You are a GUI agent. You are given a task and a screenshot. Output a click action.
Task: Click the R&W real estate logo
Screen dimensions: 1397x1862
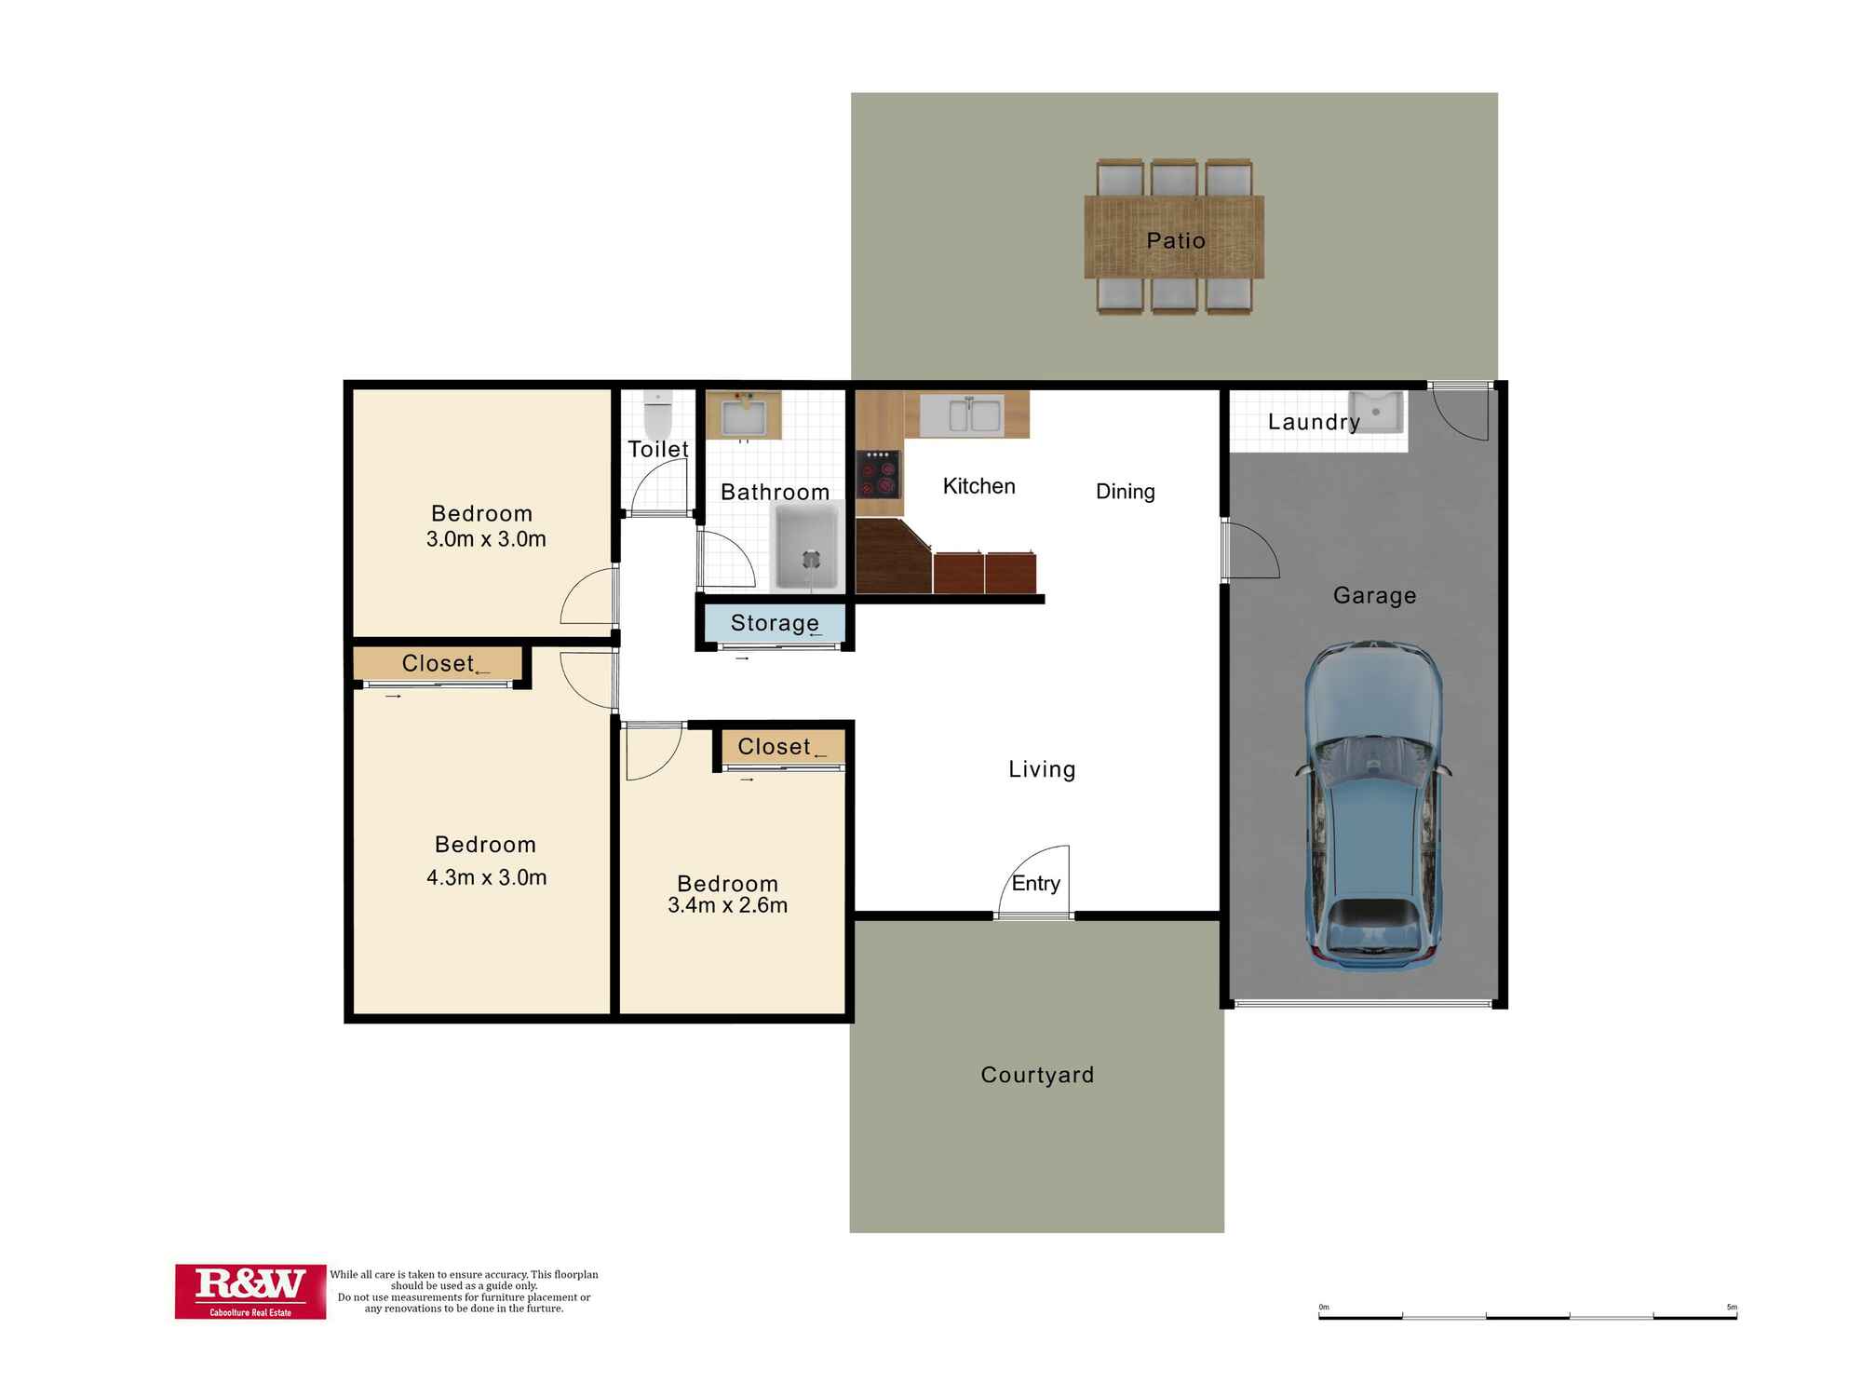tap(250, 1291)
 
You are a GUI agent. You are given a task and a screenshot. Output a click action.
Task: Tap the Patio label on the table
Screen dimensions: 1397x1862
tap(1175, 240)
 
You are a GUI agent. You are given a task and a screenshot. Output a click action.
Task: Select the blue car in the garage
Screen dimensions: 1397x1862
tap(1373, 806)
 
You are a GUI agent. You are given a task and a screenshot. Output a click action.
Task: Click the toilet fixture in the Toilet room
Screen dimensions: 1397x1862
tap(657, 414)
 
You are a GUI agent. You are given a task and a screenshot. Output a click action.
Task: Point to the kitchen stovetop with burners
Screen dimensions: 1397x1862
tap(879, 474)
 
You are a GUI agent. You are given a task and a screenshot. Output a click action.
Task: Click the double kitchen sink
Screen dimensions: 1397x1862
tap(974, 414)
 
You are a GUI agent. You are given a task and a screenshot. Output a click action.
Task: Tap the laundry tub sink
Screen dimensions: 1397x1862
tap(1377, 411)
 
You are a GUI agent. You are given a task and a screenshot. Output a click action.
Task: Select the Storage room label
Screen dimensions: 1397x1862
tap(775, 622)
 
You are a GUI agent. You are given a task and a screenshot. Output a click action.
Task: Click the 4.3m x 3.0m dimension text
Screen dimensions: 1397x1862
tap(486, 877)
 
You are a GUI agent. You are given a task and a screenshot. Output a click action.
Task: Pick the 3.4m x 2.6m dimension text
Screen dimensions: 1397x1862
tap(727, 905)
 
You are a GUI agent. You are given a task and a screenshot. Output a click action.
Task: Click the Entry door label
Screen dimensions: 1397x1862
tap(1035, 883)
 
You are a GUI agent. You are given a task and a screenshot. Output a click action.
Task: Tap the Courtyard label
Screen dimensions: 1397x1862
tap(1037, 1075)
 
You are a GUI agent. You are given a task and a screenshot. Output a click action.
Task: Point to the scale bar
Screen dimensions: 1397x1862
tap(1527, 1316)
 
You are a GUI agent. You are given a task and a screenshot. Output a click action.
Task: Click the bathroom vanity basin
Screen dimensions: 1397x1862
tap(743, 415)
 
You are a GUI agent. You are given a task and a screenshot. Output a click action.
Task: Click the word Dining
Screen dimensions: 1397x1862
tap(1125, 491)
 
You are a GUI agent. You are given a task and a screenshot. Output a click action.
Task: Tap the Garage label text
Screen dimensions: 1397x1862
tap(1374, 595)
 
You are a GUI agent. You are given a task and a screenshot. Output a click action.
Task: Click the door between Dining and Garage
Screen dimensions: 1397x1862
tap(1248, 551)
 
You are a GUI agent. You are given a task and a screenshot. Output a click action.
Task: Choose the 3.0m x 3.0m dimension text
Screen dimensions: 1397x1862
tap(486, 538)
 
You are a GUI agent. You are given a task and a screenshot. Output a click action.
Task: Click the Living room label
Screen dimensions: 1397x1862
tap(1042, 769)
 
